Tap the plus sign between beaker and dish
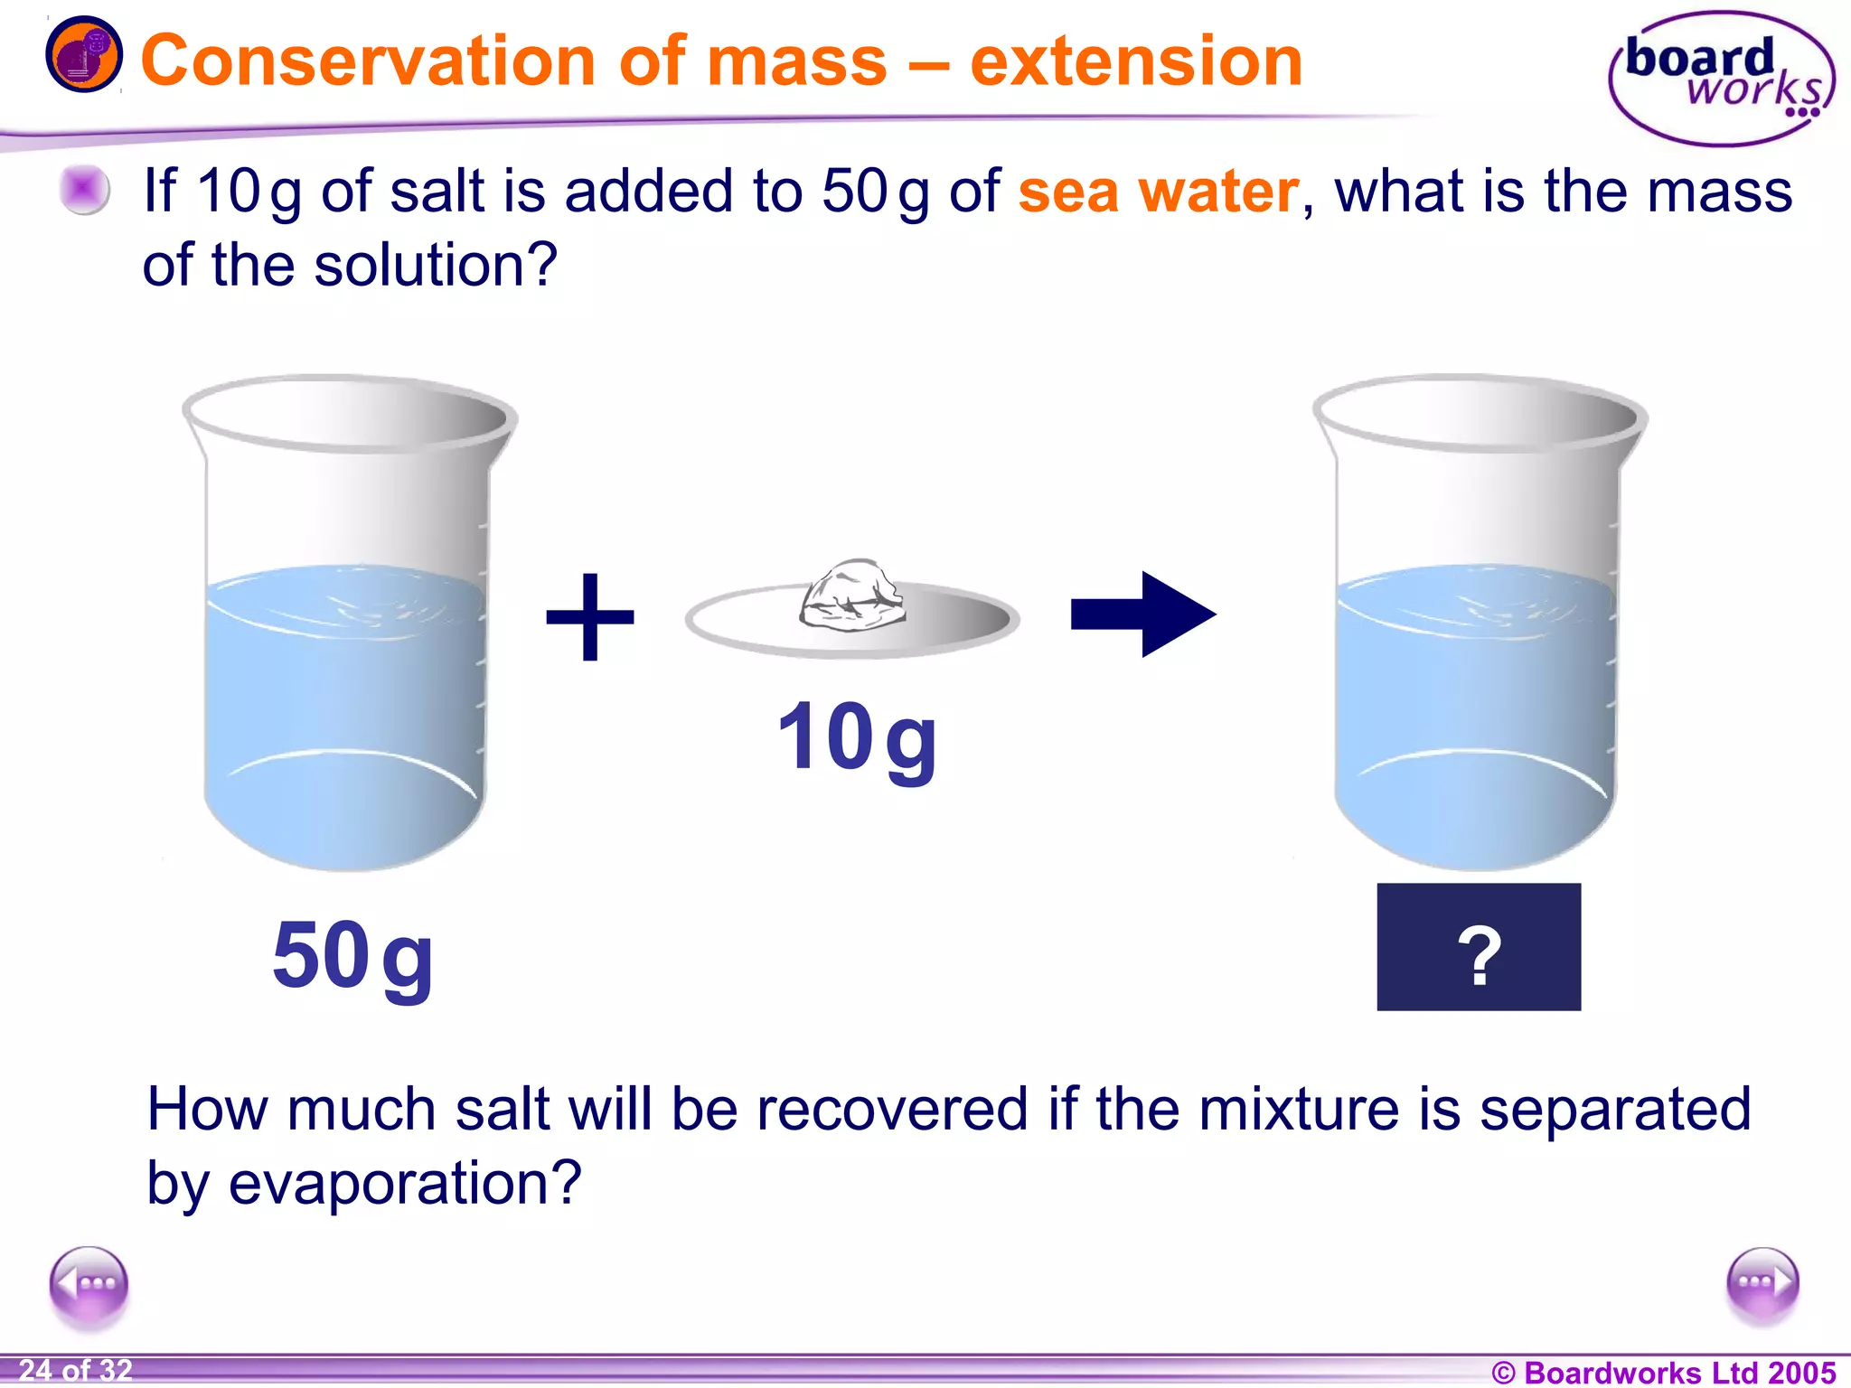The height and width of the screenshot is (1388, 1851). pos(590,616)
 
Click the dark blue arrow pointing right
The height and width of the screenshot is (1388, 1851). pos(1142,614)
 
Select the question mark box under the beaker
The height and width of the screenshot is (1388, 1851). pos(1479,946)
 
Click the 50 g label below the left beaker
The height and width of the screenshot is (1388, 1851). pos(352,956)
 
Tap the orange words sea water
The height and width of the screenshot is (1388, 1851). pos(1159,192)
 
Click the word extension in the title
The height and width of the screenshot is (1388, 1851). pos(1135,61)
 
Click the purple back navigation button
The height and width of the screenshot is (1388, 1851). pos(89,1283)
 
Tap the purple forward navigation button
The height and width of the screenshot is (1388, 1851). pos(1762,1283)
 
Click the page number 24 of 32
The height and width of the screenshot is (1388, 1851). pos(76,1370)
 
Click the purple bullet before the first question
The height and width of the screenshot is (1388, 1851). pos(84,191)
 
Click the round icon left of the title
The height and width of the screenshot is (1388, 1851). pos(83,54)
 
